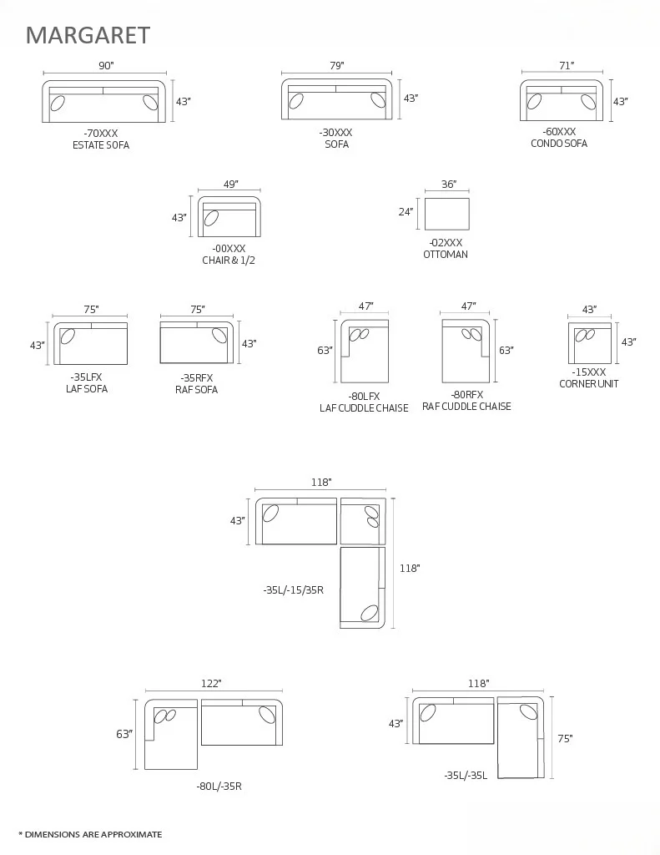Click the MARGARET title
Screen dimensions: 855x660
pos(88,35)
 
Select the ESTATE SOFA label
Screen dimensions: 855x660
pos(101,145)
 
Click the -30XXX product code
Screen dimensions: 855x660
pos(335,133)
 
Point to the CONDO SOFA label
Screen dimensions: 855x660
pos(558,144)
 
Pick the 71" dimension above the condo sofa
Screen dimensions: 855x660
pos(567,65)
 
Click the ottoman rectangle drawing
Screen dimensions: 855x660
pos(446,214)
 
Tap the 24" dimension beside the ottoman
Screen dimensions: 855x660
pos(406,212)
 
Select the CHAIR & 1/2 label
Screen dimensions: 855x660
pos(229,261)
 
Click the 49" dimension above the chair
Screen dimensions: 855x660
pos(230,184)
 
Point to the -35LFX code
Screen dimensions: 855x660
pos(87,377)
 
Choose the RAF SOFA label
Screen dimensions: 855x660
pos(196,390)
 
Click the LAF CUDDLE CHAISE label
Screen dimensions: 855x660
pos(364,408)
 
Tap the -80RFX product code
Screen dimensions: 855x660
pos(467,395)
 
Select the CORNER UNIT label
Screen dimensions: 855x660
pos(588,384)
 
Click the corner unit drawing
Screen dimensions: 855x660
pos(590,343)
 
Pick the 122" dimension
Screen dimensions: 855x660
pos(211,684)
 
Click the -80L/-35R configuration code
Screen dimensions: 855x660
pos(219,787)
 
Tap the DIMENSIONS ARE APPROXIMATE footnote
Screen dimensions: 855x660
pos(90,834)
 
